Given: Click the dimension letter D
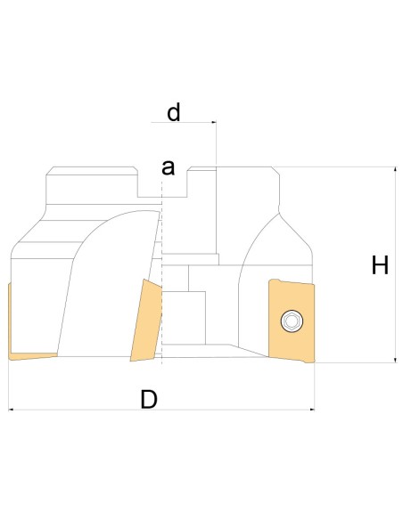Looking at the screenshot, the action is [149, 399].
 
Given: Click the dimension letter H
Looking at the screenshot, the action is [380, 265].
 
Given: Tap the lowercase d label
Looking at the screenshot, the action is [174, 112].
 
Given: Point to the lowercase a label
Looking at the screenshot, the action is [168, 167].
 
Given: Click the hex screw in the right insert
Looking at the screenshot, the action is [292, 321].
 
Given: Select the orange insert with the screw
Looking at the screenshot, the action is [292, 321].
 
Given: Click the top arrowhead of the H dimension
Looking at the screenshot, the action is [395, 169].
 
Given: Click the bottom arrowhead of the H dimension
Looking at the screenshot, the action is [395, 360].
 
